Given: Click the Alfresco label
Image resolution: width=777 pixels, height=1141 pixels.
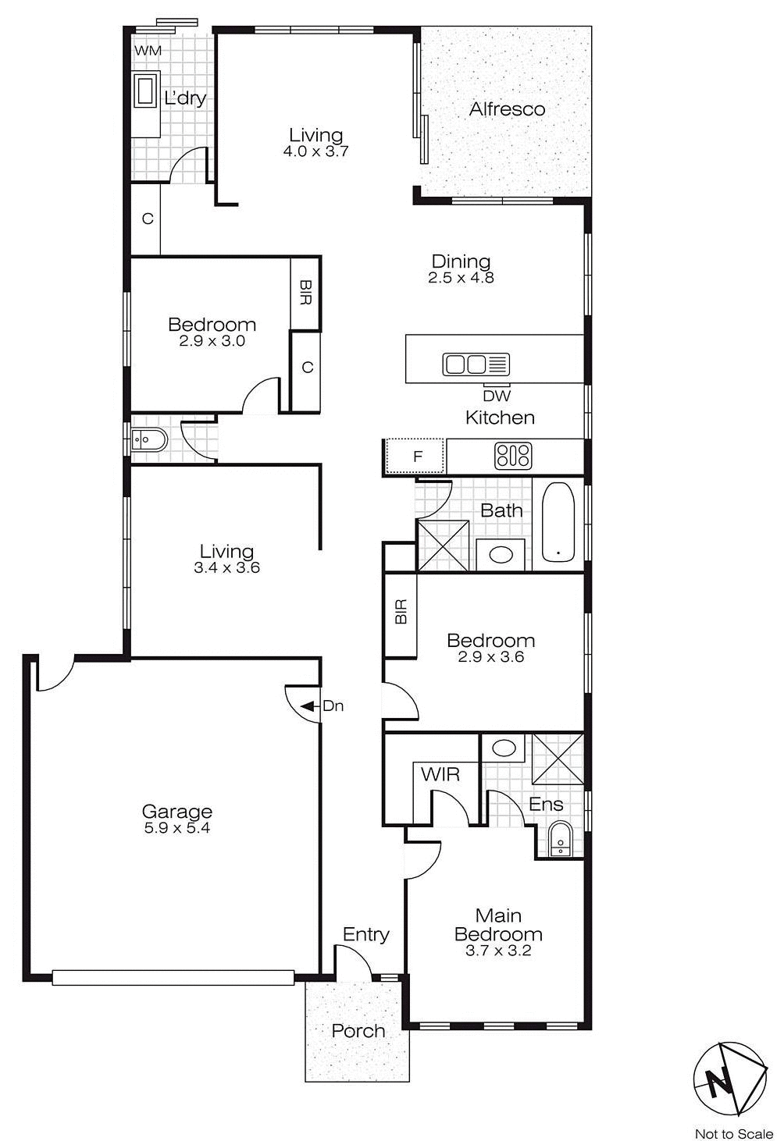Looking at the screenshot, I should [x=507, y=109].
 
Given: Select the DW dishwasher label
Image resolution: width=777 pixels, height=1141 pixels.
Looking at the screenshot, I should [x=497, y=396].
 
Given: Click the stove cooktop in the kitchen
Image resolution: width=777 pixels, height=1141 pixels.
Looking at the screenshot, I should [x=513, y=456].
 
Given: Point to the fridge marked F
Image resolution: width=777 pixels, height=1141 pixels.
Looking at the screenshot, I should [x=416, y=457].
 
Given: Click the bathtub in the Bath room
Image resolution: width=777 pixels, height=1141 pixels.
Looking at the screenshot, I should [x=558, y=521].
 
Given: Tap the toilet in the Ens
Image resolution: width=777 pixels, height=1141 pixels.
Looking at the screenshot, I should [x=560, y=840].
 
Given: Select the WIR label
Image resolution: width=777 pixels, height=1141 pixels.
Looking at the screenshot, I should [x=440, y=775].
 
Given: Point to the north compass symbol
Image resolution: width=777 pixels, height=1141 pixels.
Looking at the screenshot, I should [x=729, y=1078].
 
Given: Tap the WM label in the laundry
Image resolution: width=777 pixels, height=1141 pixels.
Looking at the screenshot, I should [x=148, y=51].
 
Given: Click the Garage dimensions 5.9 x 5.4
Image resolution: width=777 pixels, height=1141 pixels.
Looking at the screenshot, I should [x=177, y=828].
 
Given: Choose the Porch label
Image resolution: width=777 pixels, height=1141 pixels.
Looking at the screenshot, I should [x=358, y=1031].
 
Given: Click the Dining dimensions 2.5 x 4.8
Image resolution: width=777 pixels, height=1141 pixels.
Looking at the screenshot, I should [x=461, y=277].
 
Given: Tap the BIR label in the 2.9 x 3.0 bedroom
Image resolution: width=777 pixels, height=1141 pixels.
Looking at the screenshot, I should [x=305, y=293].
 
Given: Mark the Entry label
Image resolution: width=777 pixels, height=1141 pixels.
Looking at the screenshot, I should [x=366, y=934].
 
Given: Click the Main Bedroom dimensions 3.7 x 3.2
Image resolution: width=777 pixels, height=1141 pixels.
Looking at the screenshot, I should [x=498, y=951].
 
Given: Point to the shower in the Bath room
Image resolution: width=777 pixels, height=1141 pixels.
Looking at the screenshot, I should [x=444, y=546].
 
